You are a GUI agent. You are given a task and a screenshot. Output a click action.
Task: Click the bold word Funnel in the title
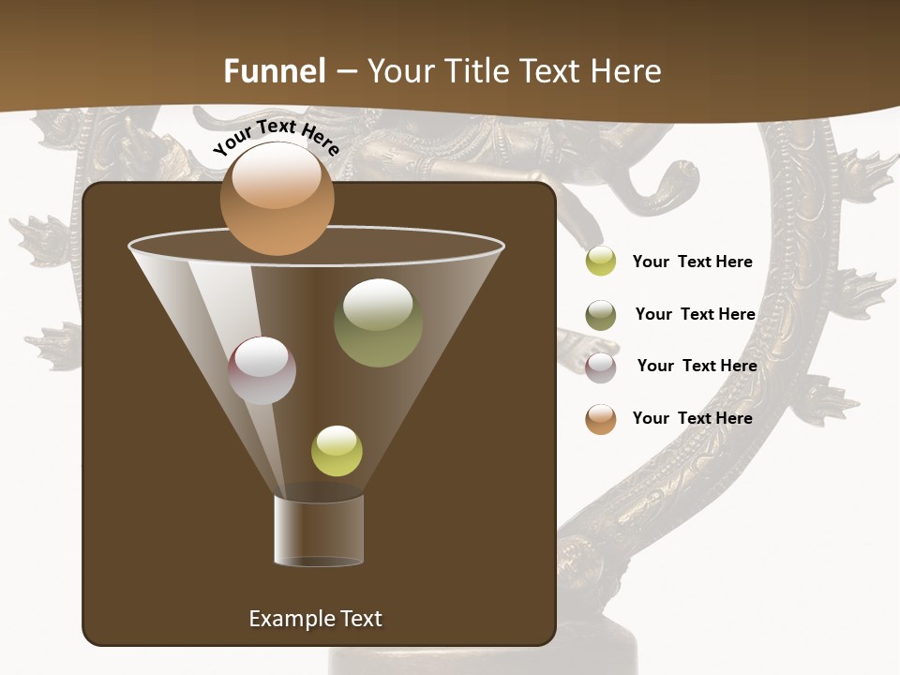point(275,70)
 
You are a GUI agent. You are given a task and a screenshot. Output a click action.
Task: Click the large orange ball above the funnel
point(277,199)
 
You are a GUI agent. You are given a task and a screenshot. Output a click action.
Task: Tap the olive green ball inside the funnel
point(378,322)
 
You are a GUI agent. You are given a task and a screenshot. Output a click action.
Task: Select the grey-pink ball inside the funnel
point(262,370)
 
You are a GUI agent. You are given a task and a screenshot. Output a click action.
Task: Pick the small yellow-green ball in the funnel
point(337,451)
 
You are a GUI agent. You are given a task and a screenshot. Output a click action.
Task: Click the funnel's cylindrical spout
point(319,531)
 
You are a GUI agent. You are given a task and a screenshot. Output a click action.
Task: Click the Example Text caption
point(315,619)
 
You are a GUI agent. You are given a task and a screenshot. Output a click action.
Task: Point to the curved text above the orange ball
point(276,137)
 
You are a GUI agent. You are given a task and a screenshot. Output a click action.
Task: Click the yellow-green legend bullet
point(600,262)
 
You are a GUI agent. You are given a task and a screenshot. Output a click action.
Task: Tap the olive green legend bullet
point(600,315)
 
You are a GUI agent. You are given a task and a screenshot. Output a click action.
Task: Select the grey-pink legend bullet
point(600,367)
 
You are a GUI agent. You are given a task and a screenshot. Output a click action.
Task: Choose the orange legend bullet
point(600,419)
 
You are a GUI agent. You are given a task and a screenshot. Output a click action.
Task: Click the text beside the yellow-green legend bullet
point(692,262)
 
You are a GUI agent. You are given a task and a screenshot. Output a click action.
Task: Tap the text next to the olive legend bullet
point(695,314)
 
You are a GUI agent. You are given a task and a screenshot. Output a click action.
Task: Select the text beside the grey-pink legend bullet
point(697,366)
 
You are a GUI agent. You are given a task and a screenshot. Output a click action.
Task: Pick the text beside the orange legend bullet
point(692,418)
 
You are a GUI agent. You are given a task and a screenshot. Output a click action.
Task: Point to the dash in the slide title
point(346,71)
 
